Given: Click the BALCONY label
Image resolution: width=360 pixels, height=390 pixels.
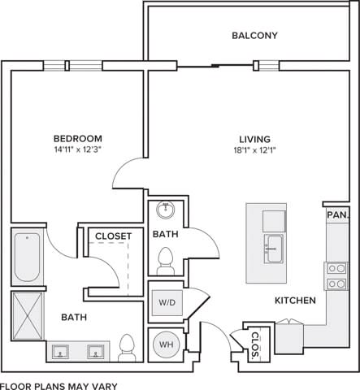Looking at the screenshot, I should (254, 36).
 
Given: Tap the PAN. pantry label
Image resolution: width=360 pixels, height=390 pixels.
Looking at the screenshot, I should (336, 214).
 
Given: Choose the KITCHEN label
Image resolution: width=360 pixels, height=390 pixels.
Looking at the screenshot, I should (294, 301).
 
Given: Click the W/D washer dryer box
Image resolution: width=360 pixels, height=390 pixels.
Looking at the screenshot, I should (167, 303).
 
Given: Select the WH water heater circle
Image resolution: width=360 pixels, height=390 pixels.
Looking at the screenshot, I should (167, 345).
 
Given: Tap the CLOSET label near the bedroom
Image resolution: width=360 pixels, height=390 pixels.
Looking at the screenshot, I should (113, 236).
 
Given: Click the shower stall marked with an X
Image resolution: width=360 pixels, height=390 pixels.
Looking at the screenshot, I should (28, 316).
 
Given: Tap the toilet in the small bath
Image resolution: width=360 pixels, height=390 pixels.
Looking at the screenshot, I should (166, 262).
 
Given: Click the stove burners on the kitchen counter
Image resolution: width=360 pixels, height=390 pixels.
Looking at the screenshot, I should (335, 275).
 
